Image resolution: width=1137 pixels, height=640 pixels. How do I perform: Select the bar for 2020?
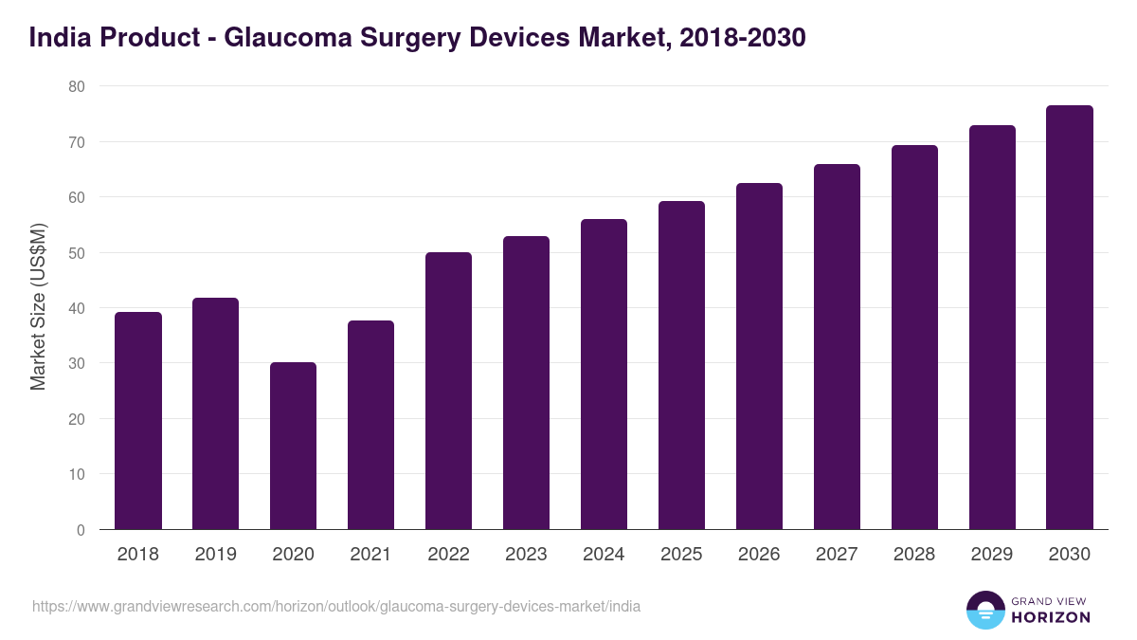pos(293,446)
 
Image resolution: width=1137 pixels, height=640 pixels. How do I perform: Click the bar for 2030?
pos(1070,318)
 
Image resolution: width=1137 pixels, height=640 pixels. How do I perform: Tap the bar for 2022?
pos(448,391)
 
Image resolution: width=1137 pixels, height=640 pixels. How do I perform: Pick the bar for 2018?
pos(138,421)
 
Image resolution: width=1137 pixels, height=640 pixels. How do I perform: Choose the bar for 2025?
pos(681,365)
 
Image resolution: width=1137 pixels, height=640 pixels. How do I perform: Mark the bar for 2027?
pos(837,347)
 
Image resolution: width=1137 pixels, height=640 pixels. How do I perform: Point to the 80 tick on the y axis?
pos(76,86)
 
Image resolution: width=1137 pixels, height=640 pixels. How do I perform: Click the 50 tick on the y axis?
pos(76,253)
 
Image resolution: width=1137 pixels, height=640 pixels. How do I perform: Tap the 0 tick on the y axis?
pos(81,530)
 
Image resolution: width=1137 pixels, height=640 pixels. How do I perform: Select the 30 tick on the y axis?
pos(76,364)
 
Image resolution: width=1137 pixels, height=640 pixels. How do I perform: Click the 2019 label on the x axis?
pos(215,555)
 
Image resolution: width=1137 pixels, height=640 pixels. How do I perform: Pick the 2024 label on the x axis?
pos(604,555)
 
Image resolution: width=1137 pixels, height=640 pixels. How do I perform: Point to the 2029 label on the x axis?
pos(992,555)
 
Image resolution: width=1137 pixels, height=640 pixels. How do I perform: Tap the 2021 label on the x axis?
pos(370,555)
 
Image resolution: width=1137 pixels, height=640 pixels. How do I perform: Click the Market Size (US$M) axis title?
pos(38,308)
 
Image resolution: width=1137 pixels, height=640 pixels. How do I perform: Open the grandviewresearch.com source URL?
pos(336,606)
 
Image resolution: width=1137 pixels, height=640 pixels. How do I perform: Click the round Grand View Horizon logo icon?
pos(984,610)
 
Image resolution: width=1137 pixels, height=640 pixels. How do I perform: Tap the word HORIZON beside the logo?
pos(1050,617)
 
